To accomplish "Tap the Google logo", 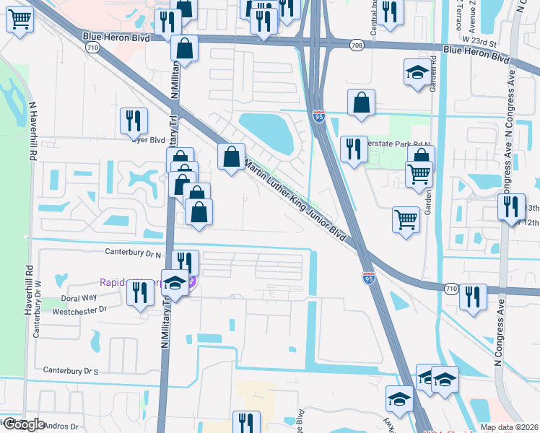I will point(24,424).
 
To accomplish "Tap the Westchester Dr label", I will point(80,310).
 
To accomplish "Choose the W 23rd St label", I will point(483,43).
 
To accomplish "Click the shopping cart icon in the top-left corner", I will point(20,19).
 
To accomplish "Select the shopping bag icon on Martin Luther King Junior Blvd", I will point(231,156).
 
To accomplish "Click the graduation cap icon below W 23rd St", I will point(416,72).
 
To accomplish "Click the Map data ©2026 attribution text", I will point(509,427).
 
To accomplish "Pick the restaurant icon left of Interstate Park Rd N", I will point(353,149).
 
